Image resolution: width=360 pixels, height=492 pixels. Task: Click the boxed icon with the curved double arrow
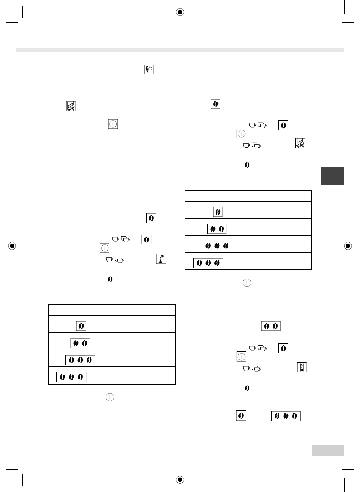(x=149, y=69)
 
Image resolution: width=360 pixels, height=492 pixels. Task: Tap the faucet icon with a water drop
(x=161, y=259)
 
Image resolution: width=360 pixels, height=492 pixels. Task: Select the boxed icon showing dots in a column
(x=301, y=367)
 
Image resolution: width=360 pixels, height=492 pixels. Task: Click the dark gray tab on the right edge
(x=332, y=176)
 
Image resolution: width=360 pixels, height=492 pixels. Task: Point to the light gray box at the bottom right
(x=328, y=451)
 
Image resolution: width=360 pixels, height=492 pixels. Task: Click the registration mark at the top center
(x=180, y=12)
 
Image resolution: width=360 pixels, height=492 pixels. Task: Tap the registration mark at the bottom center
(x=180, y=480)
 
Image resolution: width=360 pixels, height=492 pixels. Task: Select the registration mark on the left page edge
(x=12, y=246)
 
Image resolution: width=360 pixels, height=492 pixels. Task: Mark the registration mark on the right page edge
(x=348, y=246)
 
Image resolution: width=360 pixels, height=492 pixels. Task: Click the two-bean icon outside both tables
(x=271, y=326)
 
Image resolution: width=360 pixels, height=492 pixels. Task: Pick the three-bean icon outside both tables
(x=286, y=416)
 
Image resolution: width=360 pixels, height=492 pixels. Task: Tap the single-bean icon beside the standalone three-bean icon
(x=241, y=415)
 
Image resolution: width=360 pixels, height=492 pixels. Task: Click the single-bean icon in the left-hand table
(x=81, y=326)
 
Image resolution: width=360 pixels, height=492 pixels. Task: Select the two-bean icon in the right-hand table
(x=217, y=229)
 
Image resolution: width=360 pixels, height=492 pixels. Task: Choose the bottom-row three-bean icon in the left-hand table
(x=71, y=377)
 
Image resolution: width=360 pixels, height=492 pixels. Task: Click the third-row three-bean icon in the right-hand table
(x=217, y=246)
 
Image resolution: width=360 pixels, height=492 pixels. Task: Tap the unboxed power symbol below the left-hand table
(x=109, y=397)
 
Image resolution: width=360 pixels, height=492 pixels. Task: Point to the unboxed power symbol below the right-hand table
(x=246, y=283)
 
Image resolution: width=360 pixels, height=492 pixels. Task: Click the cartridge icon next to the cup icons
(x=300, y=143)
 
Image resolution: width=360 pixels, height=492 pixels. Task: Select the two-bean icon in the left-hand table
(x=80, y=343)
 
